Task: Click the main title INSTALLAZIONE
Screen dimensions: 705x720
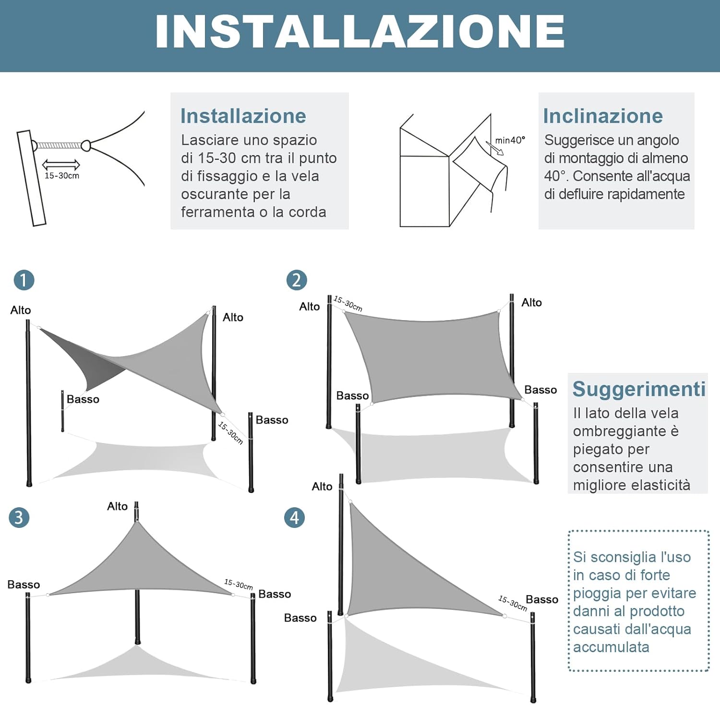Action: pos(360,32)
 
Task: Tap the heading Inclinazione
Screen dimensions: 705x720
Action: pos(603,116)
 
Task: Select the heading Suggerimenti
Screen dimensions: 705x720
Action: pos(639,389)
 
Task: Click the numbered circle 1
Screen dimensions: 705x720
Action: pos(24,280)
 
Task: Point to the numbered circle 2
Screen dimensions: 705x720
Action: pos(297,280)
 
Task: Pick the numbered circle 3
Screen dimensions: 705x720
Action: pos(19,517)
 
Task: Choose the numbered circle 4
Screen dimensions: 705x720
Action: pos(294,517)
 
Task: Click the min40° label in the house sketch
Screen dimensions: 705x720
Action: pos(510,140)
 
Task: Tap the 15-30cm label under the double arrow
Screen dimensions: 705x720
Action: pos(62,176)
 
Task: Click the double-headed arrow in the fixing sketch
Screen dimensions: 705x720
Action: pos(61,165)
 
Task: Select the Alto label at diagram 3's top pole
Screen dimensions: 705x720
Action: pos(117,506)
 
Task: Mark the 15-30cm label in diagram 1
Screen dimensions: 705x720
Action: pos(231,432)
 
